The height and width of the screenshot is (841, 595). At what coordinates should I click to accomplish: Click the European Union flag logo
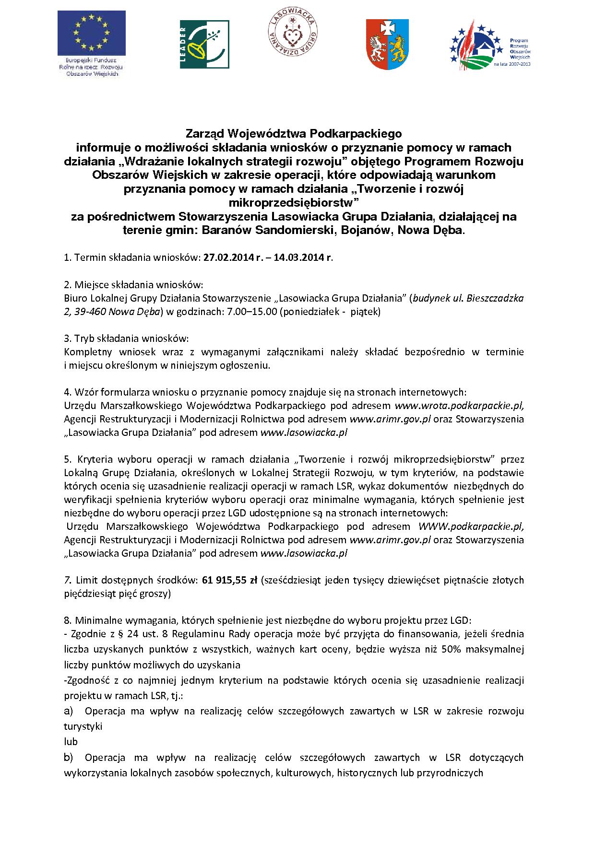point(91,34)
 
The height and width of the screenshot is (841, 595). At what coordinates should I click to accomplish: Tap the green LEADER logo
point(204,44)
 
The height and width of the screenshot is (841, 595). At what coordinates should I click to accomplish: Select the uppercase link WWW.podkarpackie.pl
point(471,526)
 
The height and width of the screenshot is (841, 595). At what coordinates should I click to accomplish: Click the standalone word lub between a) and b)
point(71,742)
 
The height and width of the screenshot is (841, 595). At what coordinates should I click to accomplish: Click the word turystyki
point(83,726)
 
